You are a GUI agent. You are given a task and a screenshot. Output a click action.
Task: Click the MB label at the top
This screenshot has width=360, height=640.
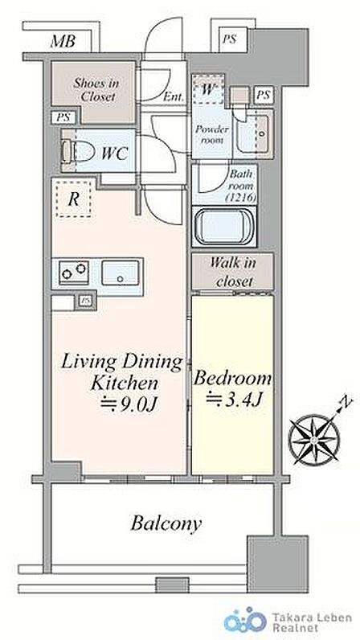click(x=63, y=41)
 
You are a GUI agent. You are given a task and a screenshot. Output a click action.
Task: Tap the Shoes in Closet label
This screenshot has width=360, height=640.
click(x=96, y=90)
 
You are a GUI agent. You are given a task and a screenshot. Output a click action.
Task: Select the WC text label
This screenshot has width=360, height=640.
click(x=115, y=154)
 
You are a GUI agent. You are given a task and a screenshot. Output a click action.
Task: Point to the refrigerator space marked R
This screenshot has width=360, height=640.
click(x=73, y=199)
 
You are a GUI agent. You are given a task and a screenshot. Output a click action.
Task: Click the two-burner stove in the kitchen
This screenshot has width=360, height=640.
click(x=74, y=272)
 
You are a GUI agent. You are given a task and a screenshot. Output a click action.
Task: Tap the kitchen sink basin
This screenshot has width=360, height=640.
click(x=120, y=272)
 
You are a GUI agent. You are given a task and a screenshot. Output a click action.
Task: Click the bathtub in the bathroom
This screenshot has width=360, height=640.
click(x=224, y=227)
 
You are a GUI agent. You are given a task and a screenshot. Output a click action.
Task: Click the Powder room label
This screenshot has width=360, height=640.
click(x=212, y=135)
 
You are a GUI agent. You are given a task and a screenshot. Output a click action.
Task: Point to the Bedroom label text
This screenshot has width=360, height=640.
click(x=232, y=378)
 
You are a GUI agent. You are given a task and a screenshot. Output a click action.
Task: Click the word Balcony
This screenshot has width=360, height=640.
click(x=166, y=523)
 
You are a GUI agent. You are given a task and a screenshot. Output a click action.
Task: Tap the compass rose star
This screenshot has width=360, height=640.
click(x=314, y=439)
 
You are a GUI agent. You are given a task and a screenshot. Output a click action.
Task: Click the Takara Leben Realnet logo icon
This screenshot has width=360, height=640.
click(x=245, y=622)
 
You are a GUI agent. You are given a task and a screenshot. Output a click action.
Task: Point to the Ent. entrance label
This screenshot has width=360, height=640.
click(x=174, y=97)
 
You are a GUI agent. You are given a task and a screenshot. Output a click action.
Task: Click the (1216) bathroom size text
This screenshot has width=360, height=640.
click(x=240, y=199)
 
